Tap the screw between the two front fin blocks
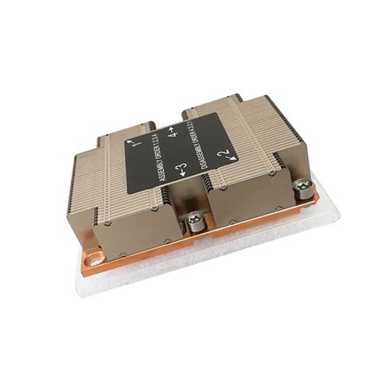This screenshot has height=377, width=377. point(192,219)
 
